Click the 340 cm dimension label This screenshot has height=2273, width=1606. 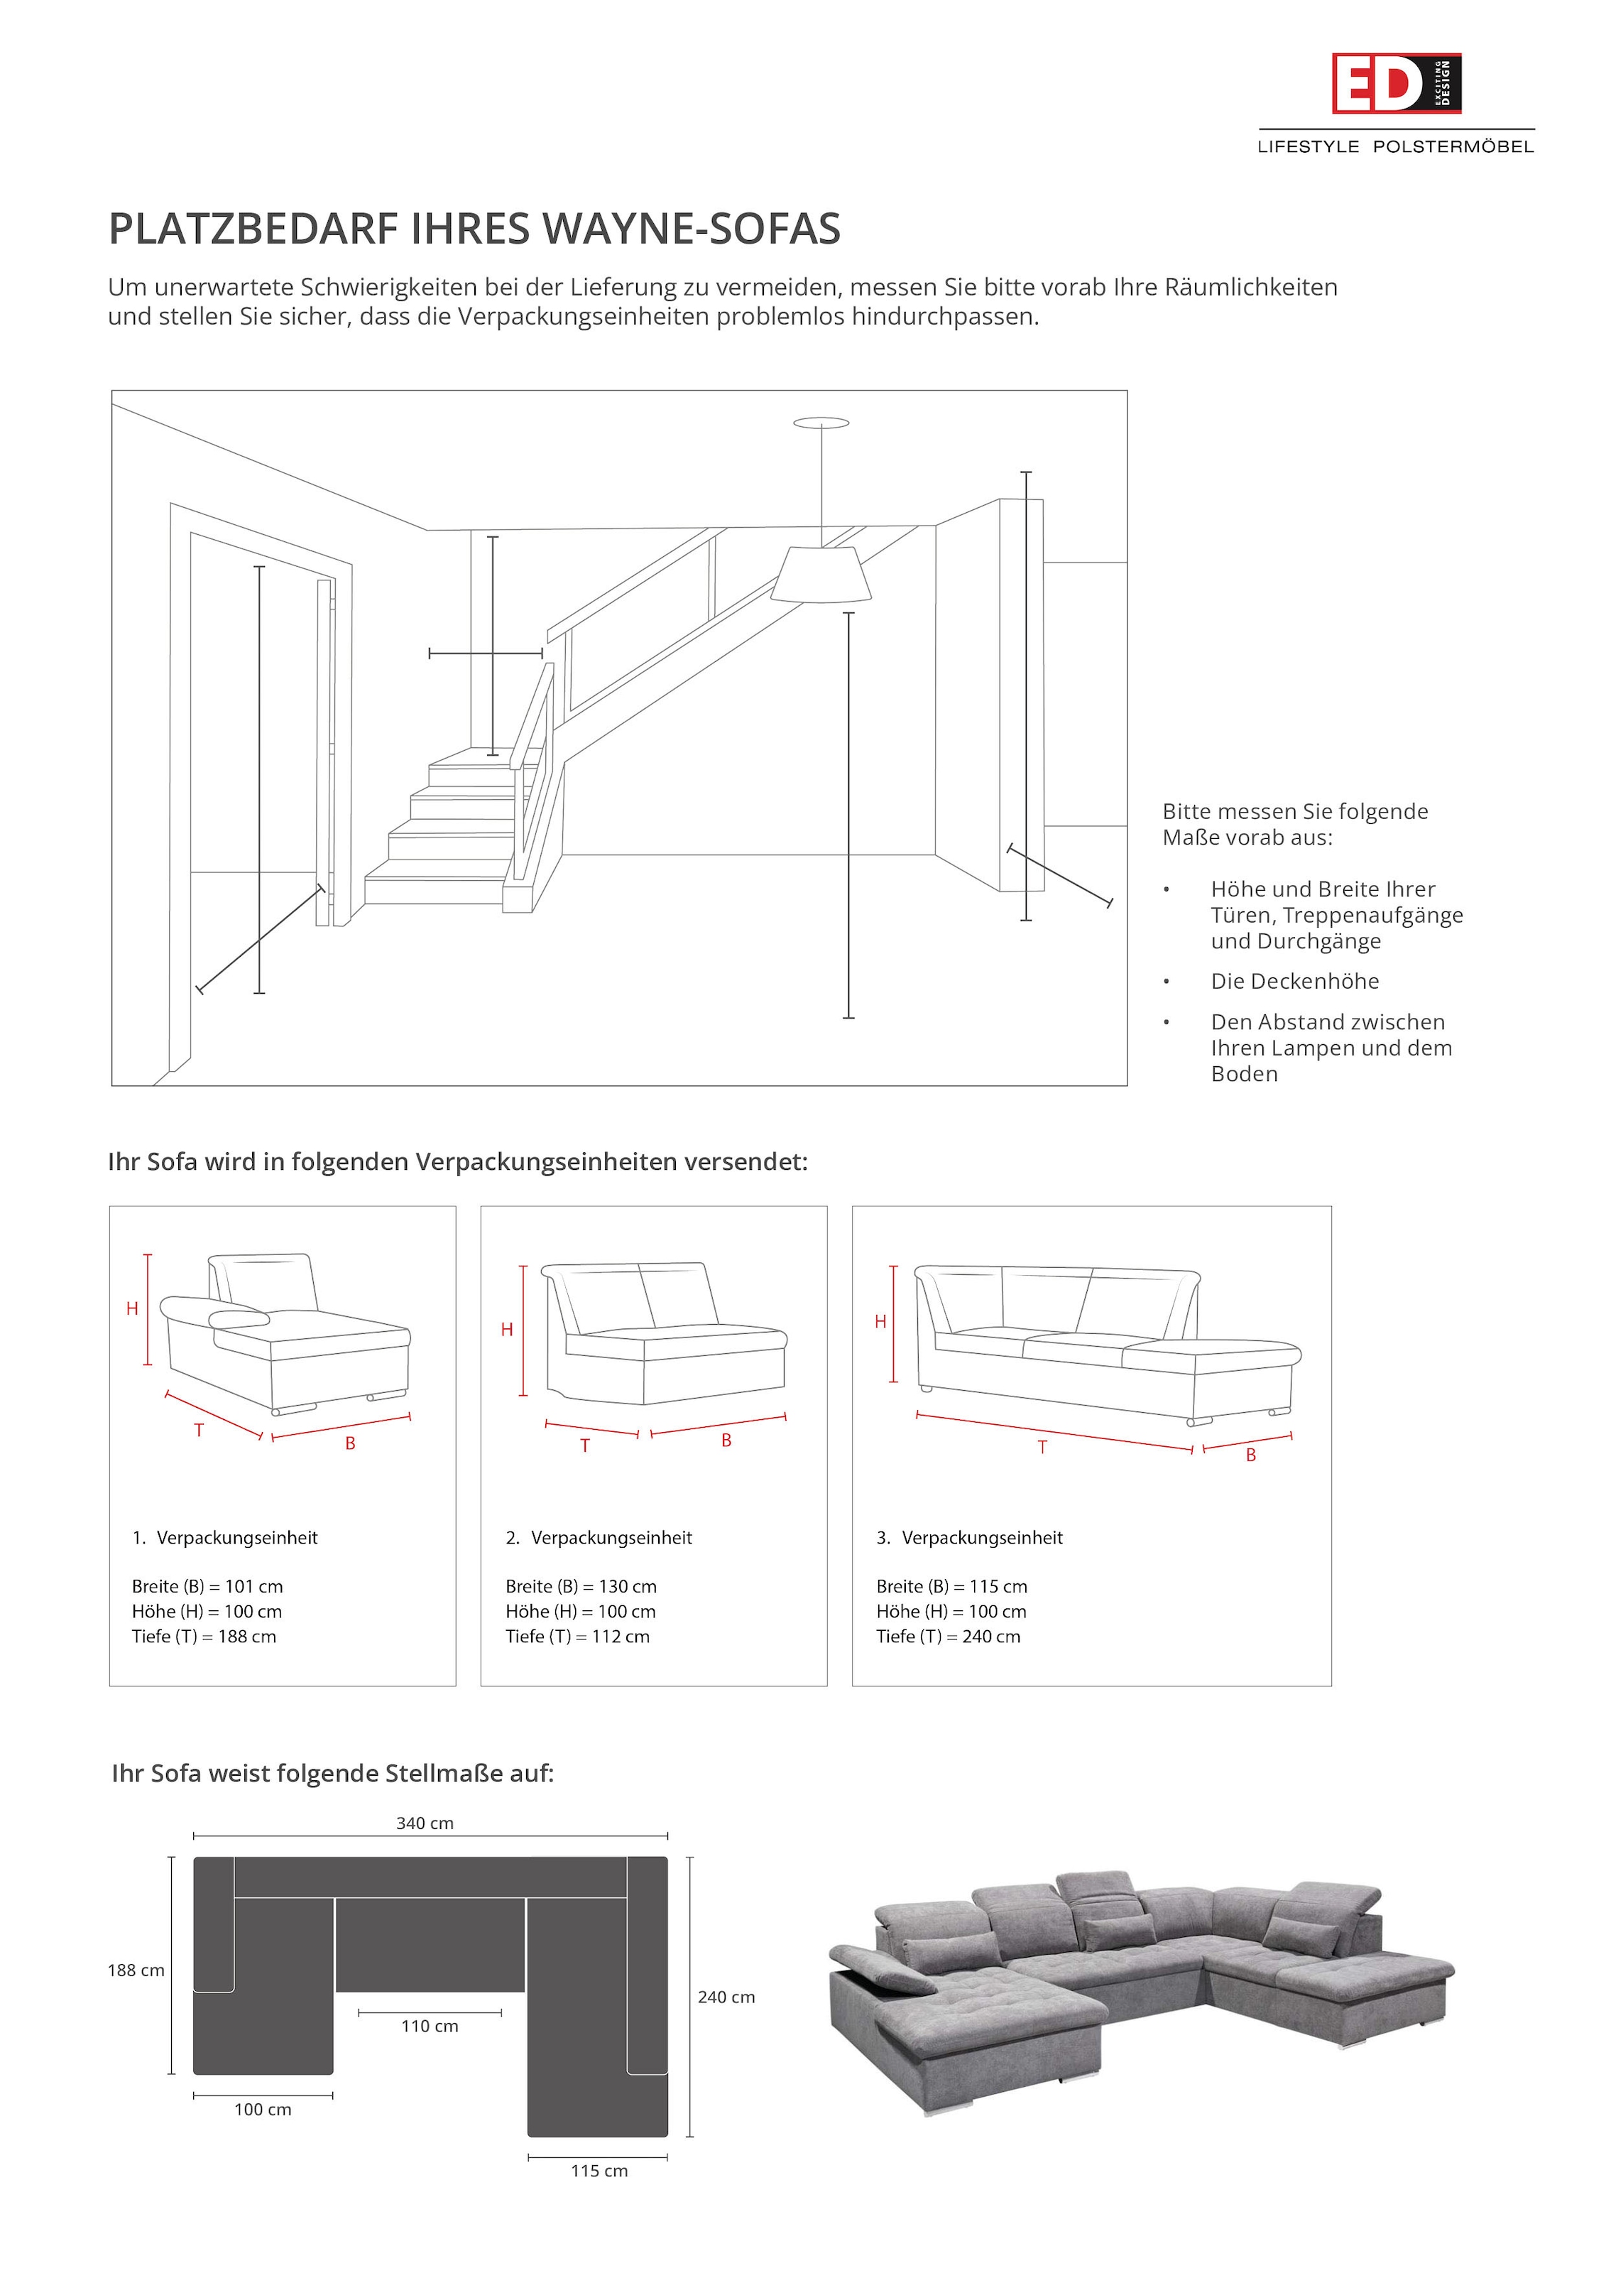pyautogui.click(x=425, y=1823)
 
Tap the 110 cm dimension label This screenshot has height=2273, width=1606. pyautogui.click(x=430, y=2027)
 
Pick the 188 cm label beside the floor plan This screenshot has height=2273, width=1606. pyautogui.click(x=136, y=1970)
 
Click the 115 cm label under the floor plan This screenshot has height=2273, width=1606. pyautogui.click(x=599, y=2171)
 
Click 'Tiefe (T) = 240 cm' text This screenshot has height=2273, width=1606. pyautogui.click(x=947, y=1637)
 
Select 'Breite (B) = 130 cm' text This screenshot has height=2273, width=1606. pyautogui.click(x=581, y=1586)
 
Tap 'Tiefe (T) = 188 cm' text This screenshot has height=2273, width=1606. pyautogui.click(x=204, y=1637)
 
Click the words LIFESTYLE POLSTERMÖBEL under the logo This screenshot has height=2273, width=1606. pyautogui.click(x=1395, y=146)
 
